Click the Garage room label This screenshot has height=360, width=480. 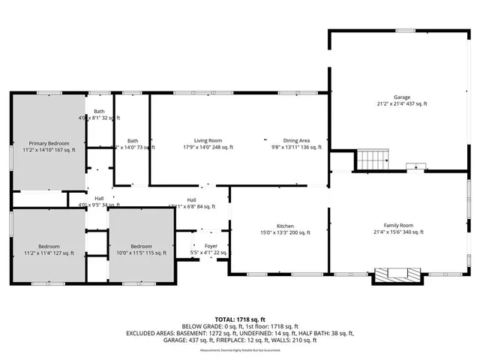pos(403,97)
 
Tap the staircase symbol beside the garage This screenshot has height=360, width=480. pos(373,160)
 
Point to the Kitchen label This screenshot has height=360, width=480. pos(284,226)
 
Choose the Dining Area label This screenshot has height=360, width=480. pos(296,140)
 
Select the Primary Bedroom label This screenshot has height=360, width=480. pos(49,142)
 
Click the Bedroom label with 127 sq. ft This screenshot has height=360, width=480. pos(49,246)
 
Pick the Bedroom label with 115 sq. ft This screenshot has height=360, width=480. pos(142,246)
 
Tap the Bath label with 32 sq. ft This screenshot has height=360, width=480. pos(99,112)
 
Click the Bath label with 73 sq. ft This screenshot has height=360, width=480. pos(133,141)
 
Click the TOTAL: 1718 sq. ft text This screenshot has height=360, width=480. pos(239,319)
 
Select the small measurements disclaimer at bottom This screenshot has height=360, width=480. pos(239,348)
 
